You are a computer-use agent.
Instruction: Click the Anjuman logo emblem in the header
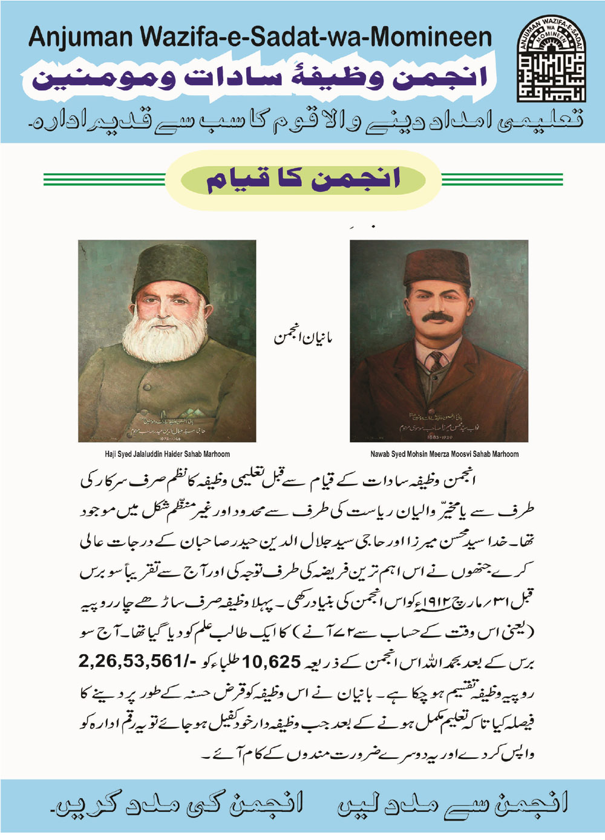pyautogui.click(x=551, y=58)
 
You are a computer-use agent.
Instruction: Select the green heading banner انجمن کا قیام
pyautogui.click(x=302, y=180)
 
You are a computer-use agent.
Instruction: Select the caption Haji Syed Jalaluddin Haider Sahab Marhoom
pyautogui.click(x=167, y=454)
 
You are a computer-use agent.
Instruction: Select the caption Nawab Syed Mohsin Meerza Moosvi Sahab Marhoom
pyautogui.click(x=444, y=454)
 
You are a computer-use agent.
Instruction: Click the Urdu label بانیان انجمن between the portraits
pyautogui.click(x=303, y=337)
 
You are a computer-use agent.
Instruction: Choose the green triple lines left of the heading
pyautogui.click(x=104, y=180)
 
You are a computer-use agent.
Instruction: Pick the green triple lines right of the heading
pyautogui.click(x=502, y=180)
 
